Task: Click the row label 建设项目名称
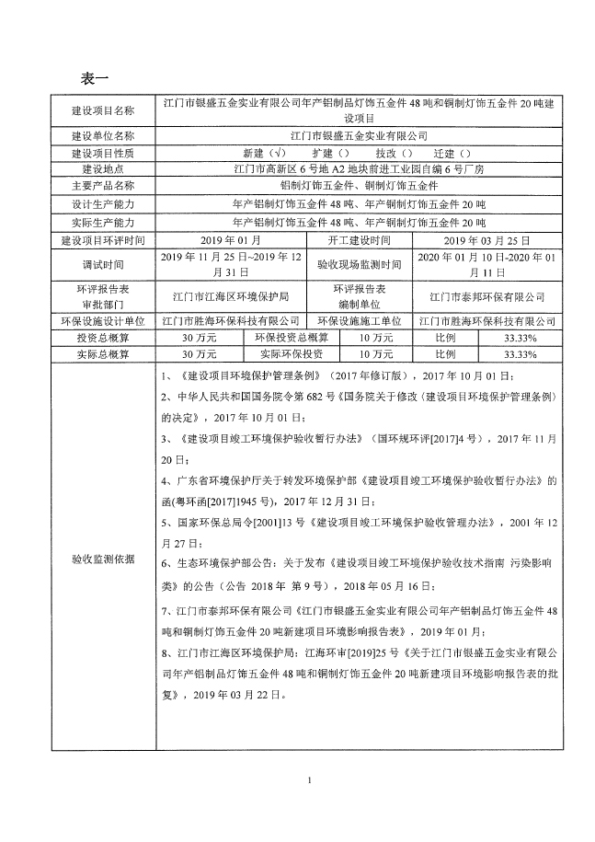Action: tap(102, 110)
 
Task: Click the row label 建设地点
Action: tap(102, 169)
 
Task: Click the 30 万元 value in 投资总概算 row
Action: tap(200, 338)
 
